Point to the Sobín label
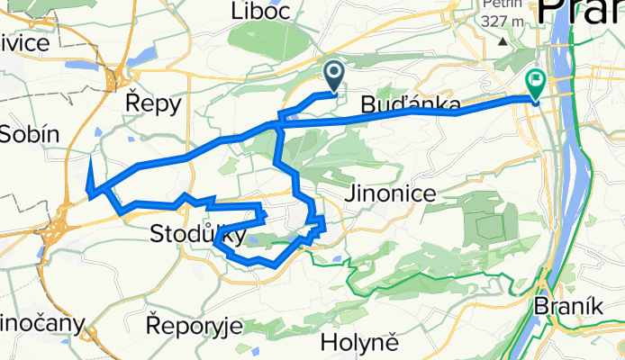click(x=29, y=135)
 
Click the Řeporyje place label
click(x=194, y=325)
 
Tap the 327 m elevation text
click(x=505, y=22)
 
